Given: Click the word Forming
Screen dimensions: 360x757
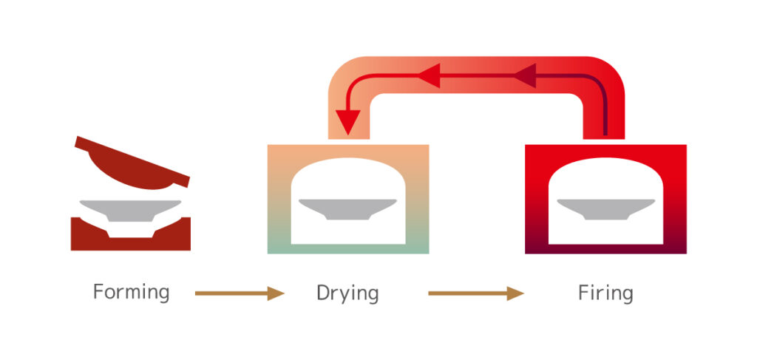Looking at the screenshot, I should [x=131, y=293].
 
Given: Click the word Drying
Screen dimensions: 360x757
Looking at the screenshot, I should [x=347, y=293].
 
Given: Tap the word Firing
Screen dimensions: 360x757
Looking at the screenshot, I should [x=605, y=293].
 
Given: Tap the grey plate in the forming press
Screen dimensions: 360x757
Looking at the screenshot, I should [x=130, y=208].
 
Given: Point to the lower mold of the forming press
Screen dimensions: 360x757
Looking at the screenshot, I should [x=130, y=237].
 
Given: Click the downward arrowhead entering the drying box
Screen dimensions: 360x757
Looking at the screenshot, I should [x=348, y=121].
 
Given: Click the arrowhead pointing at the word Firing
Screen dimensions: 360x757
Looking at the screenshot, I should [x=515, y=293].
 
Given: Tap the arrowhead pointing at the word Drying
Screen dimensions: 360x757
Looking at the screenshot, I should [x=276, y=293].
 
